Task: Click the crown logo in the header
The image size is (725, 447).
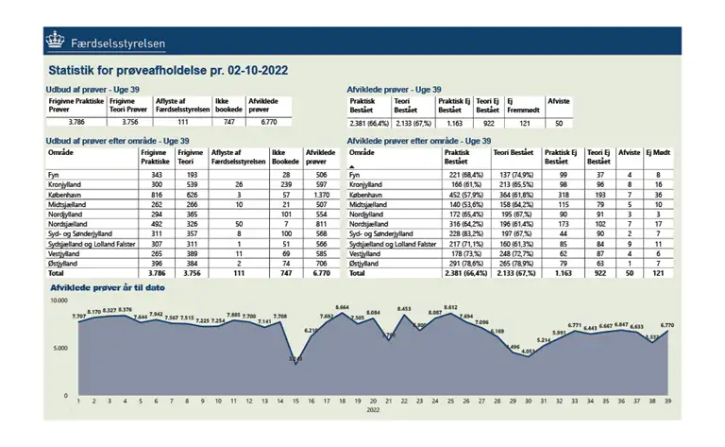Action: [x=56, y=41]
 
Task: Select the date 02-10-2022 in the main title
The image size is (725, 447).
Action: [x=253, y=70]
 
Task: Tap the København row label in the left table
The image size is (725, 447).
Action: [x=66, y=194]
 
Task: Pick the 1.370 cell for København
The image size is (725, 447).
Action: [x=321, y=194]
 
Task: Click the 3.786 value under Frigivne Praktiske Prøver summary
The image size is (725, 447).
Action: [x=76, y=122]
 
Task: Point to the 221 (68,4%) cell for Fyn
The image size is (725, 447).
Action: [x=465, y=176]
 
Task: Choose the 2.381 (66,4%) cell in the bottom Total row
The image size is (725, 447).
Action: [x=464, y=273]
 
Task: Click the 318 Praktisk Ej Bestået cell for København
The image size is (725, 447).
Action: [x=562, y=194]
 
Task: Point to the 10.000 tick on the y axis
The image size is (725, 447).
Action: [x=59, y=301]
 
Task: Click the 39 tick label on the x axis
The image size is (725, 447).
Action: [x=668, y=401]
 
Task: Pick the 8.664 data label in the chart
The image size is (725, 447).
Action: [x=343, y=307]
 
